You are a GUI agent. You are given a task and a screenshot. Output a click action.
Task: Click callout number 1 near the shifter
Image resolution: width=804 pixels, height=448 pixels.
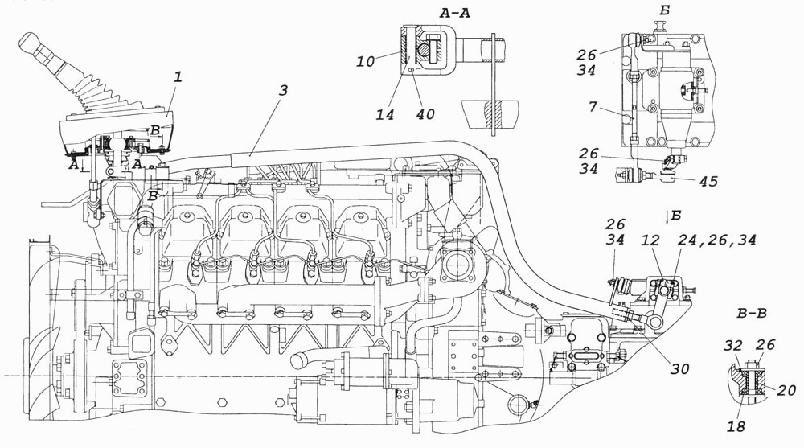coord(178,77)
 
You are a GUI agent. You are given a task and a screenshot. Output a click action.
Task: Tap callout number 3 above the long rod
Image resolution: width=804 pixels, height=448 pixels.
coord(283,90)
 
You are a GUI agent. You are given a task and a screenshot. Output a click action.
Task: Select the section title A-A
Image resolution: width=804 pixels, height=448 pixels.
coord(454,13)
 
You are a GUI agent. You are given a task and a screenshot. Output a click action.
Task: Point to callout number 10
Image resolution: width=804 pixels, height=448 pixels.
coord(366,62)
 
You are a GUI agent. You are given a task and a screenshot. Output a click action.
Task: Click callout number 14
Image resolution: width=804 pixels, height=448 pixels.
coord(385,114)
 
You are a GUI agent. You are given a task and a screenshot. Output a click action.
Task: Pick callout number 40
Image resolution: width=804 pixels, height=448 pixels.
coord(424,113)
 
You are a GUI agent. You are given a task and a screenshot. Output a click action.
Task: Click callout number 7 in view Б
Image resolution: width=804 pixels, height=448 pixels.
coord(593,107)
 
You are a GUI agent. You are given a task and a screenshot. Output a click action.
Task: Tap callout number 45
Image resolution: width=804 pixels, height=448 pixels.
coord(708,181)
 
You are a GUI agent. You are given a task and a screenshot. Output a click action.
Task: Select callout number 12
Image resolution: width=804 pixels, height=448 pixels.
coord(651,240)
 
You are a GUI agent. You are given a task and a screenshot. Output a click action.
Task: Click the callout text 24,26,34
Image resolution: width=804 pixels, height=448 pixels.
coord(717,240)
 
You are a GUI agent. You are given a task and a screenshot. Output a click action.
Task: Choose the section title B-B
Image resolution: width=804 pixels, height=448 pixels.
coord(752,313)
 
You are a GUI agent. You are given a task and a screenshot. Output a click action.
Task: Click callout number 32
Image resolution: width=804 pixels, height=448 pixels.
coord(732,345)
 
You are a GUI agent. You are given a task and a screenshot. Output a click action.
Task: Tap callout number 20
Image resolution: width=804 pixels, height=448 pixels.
coord(786,391)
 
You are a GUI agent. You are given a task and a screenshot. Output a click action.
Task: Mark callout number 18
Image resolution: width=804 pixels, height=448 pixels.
coord(736,426)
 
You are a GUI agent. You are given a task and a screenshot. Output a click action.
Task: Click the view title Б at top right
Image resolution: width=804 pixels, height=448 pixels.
coord(665,10)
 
